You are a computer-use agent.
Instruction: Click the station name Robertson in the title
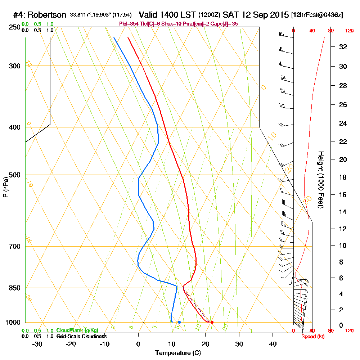click(x=46, y=15)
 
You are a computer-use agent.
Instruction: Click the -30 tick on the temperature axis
click(x=37, y=344)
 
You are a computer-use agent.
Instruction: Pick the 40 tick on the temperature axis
click(x=273, y=344)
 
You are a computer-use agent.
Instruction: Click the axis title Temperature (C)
click(x=178, y=353)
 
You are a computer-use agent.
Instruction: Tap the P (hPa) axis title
click(x=5, y=186)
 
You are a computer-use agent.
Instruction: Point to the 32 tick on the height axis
click(x=343, y=46)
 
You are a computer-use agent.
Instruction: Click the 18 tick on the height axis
click(x=343, y=177)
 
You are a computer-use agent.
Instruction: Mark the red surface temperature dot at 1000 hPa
click(x=212, y=322)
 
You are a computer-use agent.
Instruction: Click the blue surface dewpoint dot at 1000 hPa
click(x=179, y=322)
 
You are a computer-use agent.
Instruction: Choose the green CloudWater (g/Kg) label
click(x=77, y=330)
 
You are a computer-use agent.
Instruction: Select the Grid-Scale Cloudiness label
click(x=81, y=336)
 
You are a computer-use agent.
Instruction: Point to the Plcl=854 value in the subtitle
click(x=127, y=24)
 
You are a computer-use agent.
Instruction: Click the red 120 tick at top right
click(x=349, y=31)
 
